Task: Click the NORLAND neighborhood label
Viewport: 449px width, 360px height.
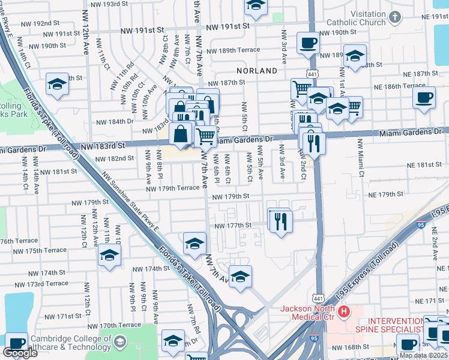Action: click(257, 70)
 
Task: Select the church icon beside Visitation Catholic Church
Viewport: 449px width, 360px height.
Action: click(394, 17)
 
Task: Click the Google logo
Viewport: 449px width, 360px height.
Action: click(20, 353)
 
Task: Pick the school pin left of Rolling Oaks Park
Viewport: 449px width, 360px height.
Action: click(58, 84)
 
